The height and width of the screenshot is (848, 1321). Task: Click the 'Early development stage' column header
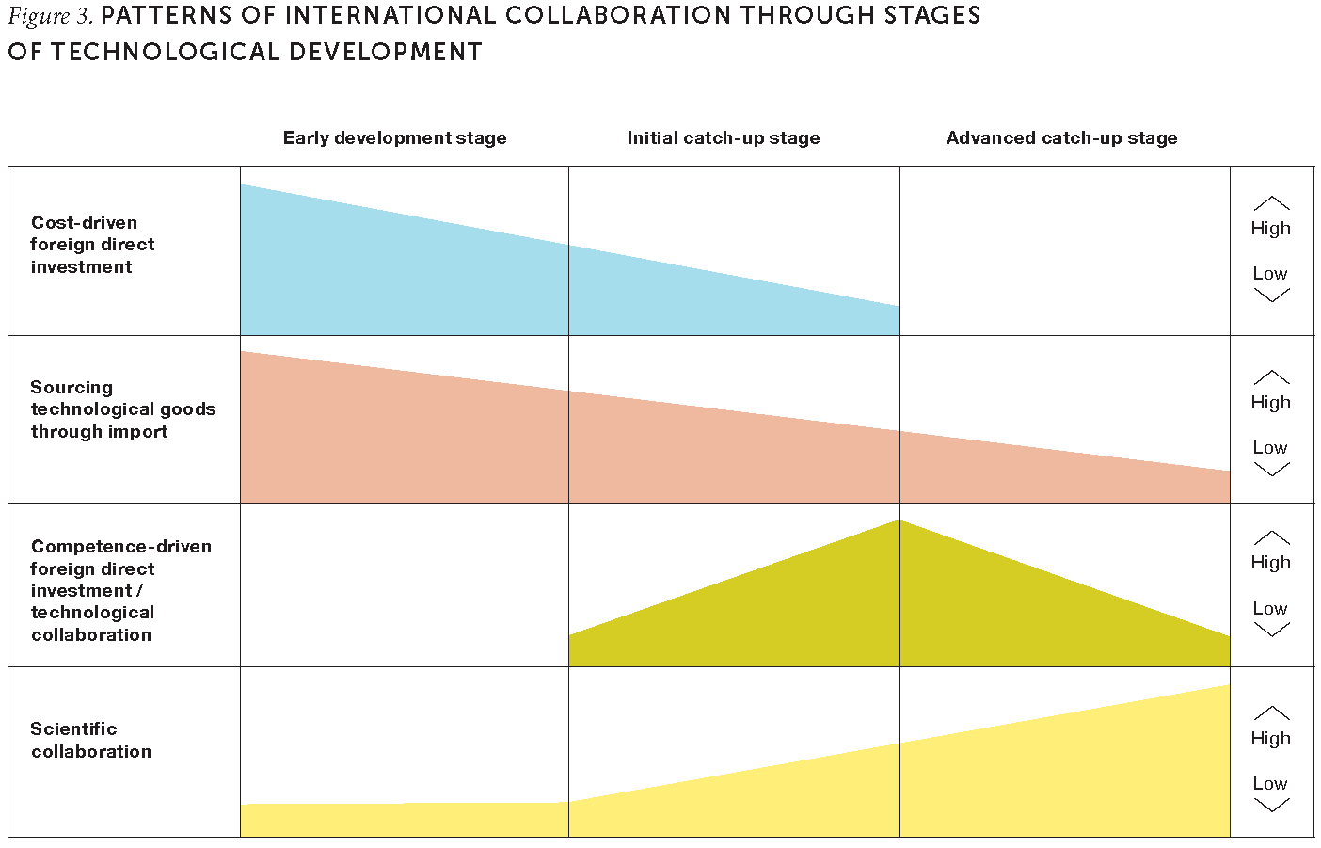click(394, 138)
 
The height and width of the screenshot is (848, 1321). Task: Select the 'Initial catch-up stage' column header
click(723, 138)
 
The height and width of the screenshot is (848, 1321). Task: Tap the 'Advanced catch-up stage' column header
click(1061, 138)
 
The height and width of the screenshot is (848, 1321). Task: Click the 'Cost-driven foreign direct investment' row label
click(92, 245)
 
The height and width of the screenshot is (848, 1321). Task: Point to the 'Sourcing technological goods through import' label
click(122, 409)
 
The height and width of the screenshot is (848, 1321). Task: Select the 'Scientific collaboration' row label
click(90, 740)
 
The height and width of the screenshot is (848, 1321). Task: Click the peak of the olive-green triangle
click(899, 523)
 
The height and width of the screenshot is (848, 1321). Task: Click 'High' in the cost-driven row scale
click(1270, 229)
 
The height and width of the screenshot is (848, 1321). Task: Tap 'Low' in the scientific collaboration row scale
click(1269, 783)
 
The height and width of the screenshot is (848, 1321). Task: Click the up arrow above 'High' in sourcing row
click(1271, 377)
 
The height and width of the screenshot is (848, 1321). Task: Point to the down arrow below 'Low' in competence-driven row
click(1271, 630)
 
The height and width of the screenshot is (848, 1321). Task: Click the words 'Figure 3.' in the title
click(50, 16)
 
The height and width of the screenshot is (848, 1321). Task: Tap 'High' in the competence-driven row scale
click(1270, 563)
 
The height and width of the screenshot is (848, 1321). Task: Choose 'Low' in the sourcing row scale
click(1269, 448)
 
